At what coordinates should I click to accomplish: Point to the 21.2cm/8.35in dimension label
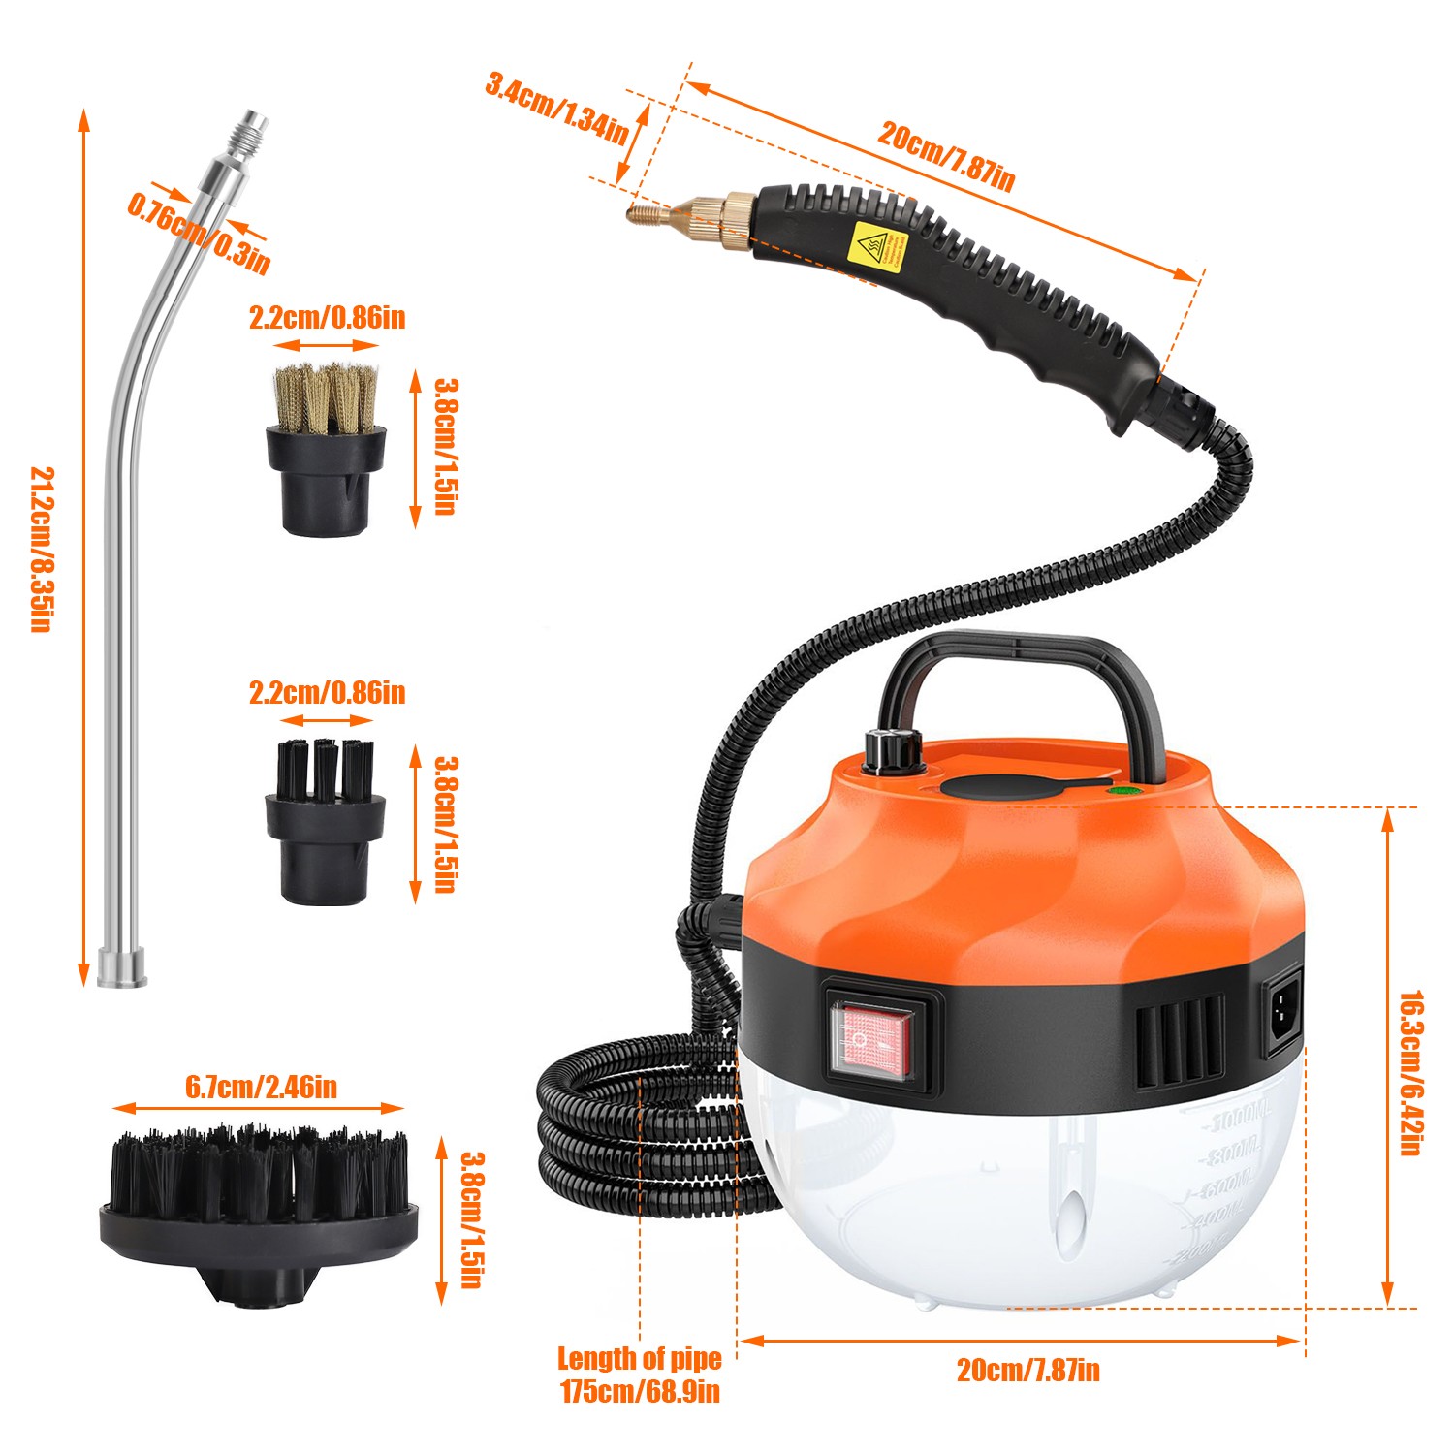pyautogui.click(x=42, y=549)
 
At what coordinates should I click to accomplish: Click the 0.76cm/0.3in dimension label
pyautogui.click(x=199, y=232)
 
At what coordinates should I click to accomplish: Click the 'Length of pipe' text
pyautogui.click(x=640, y=1359)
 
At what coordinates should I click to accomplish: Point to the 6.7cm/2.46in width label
pyautogui.click(x=262, y=1087)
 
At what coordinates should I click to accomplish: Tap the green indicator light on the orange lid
pyautogui.click(x=1123, y=790)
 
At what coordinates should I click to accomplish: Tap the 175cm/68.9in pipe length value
pyautogui.click(x=640, y=1393)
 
